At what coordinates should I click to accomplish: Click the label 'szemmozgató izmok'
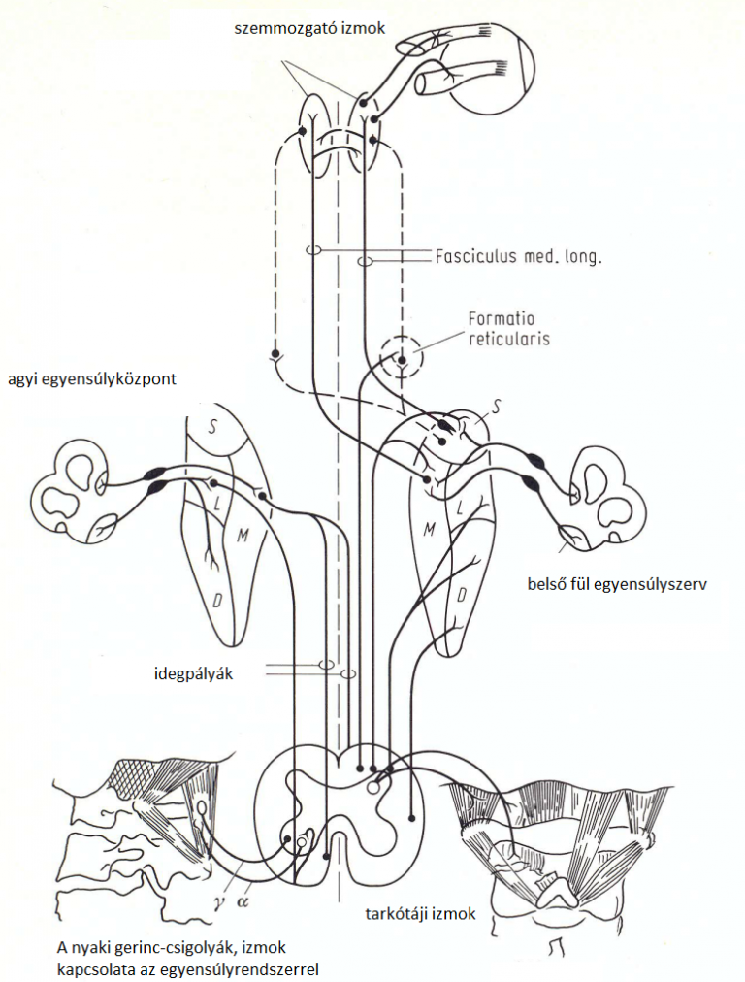point(310,30)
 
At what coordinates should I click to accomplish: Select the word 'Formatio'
point(502,319)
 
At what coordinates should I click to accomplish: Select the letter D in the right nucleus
point(463,592)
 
